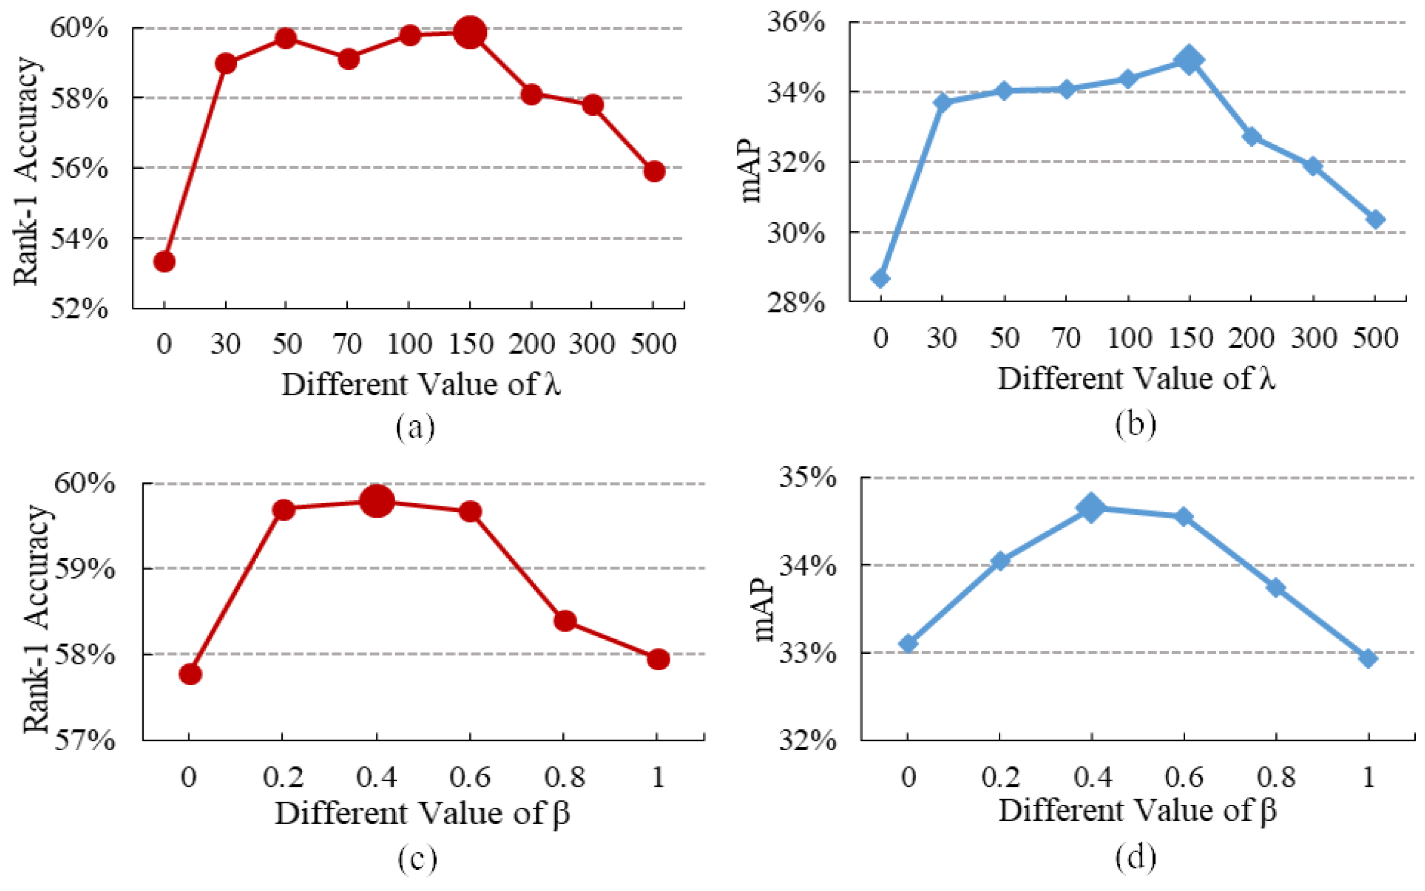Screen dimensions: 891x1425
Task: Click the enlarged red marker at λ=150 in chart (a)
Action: pyautogui.click(x=470, y=32)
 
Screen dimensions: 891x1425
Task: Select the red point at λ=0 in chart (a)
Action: pyautogui.click(x=164, y=261)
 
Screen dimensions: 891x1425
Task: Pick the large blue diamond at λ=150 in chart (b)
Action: pyautogui.click(x=1189, y=60)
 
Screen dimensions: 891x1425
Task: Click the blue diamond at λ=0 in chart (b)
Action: pyautogui.click(x=881, y=278)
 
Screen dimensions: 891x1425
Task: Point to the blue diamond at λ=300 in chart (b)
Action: pyautogui.click(x=1313, y=166)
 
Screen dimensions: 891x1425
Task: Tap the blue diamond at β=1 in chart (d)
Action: pyautogui.click(x=1368, y=658)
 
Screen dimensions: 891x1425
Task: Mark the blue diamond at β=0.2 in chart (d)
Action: pyautogui.click(x=1000, y=560)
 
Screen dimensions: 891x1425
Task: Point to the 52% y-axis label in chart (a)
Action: pyautogui.click(x=79, y=307)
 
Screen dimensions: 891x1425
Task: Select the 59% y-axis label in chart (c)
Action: pyautogui.click(x=84, y=568)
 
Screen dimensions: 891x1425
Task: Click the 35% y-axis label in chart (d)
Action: pyautogui.click(x=807, y=476)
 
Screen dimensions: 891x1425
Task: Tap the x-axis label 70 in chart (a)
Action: pyautogui.click(x=347, y=343)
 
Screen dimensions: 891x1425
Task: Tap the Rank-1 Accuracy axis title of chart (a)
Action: pyautogui.click(x=27, y=171)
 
